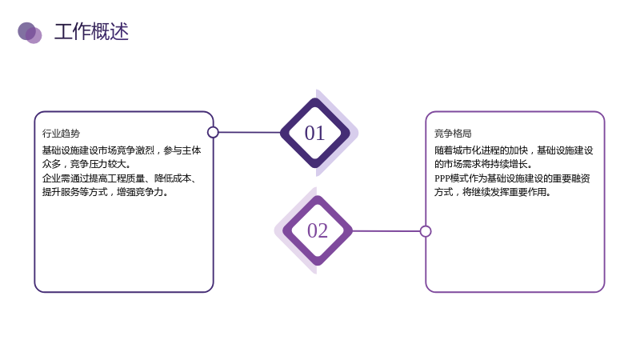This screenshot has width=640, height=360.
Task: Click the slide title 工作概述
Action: tap(91, 31)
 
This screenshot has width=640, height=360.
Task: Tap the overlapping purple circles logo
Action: tap(30, 33)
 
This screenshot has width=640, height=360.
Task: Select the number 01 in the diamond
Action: tap(314, 133)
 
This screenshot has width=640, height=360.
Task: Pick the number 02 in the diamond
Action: tap(318, 230)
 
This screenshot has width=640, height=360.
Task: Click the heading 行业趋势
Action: tap(62, 134)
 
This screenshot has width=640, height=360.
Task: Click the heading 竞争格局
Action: tap(453, 134)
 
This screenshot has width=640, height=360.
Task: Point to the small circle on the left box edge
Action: tap(213, 132)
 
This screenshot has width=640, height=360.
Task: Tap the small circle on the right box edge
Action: tap(426, 231)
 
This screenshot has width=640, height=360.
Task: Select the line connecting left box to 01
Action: tap(250, 132)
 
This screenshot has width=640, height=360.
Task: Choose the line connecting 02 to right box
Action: tap(386, 231)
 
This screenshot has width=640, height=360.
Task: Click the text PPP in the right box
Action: tap(442, 178)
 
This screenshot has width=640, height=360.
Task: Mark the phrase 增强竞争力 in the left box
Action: tap(140, 192)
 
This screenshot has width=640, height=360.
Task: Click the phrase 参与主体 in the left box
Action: tap(182, 150)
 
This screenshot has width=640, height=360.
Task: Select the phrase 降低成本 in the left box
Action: tap(173, 178)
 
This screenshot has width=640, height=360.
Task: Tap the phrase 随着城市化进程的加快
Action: tap(482, 150)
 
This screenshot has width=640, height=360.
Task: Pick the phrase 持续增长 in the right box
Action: tap(509, 164)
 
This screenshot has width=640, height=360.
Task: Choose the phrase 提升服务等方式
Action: tap(74, 192)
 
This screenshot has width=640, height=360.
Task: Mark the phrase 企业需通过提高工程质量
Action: tap(94, 178)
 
